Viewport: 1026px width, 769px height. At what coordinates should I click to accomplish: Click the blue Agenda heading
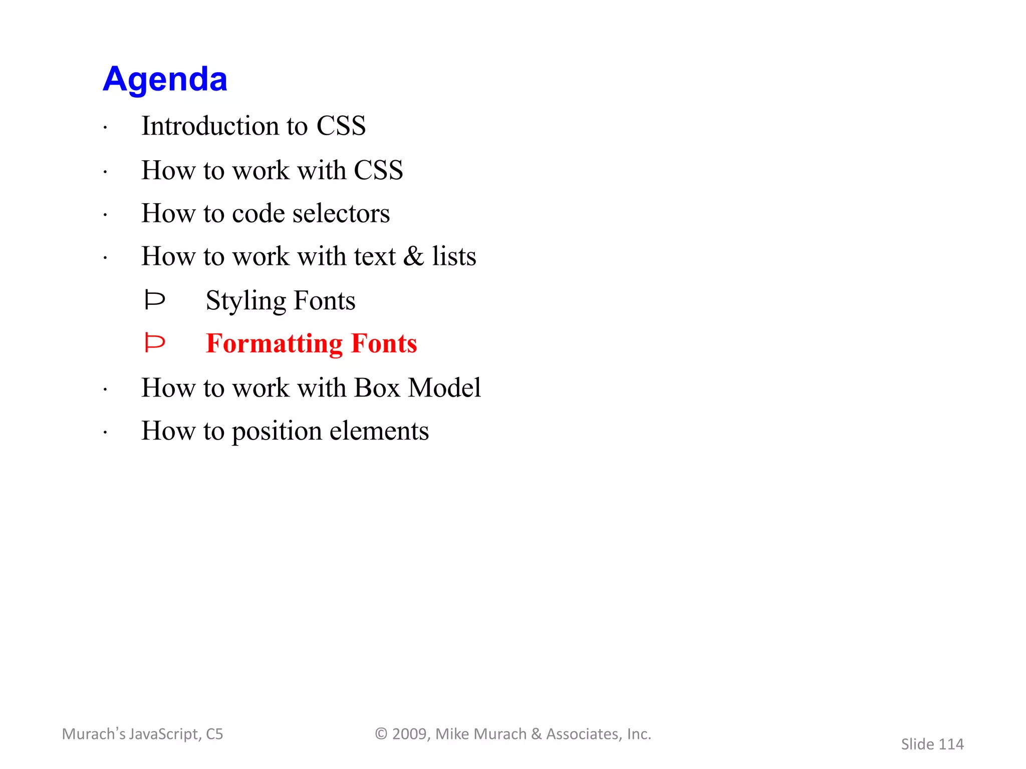(165, 79)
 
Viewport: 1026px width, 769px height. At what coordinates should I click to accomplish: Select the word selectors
(341, 214)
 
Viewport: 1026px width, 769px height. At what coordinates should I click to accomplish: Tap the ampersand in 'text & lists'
(414, 256)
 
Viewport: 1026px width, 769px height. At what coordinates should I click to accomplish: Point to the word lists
(454, 256)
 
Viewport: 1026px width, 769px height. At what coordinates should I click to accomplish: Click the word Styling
(245, 301)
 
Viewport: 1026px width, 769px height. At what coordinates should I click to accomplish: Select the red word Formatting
(274, 344)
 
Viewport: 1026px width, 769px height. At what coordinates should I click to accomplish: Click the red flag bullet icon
(154, 343)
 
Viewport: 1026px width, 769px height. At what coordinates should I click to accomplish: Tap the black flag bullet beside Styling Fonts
(154, 300)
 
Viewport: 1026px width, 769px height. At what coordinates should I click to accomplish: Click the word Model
(444, 388)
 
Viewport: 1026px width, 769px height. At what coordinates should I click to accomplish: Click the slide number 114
(951, 744)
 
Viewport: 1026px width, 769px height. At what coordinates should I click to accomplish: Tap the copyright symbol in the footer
(381, 734)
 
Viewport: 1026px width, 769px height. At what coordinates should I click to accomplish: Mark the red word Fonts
(384, 344)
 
